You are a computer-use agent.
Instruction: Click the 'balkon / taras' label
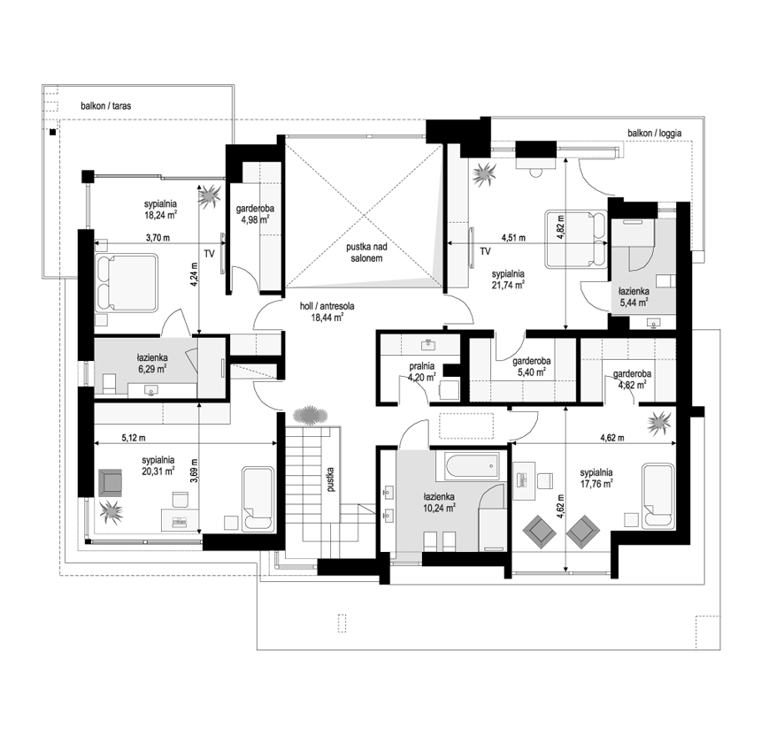[x=106, y=106]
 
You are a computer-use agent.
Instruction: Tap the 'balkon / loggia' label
[x=654, y=133]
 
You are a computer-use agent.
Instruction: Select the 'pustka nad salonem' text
[x=366, y=253]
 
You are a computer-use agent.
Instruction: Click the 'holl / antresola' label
[x=327, y=306]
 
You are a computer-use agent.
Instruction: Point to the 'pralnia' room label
[x=422, y=366]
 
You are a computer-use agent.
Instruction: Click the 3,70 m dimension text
[x=158, y=238]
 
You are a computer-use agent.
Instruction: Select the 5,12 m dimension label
[x=134, y=438]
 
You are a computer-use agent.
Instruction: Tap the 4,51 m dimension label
[x=513, y=238]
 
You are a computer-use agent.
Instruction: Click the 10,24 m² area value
[x=439, y=509]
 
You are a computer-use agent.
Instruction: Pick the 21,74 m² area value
[x=508, y=285]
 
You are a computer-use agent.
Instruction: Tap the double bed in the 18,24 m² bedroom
[x=127, y=283]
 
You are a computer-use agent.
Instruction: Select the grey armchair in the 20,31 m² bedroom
[x=111, y=482]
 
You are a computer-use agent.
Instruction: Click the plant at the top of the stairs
[x=311, y=416]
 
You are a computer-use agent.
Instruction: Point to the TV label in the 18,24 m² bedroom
[x=209, y=254]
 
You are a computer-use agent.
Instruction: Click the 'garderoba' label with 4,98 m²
[x=255, y=209]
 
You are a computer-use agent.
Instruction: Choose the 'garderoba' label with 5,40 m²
[x=532, y=361]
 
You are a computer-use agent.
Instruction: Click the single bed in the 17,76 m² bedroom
[x=658, y=495]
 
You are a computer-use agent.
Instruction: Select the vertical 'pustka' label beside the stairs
[x=331, y=479]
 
